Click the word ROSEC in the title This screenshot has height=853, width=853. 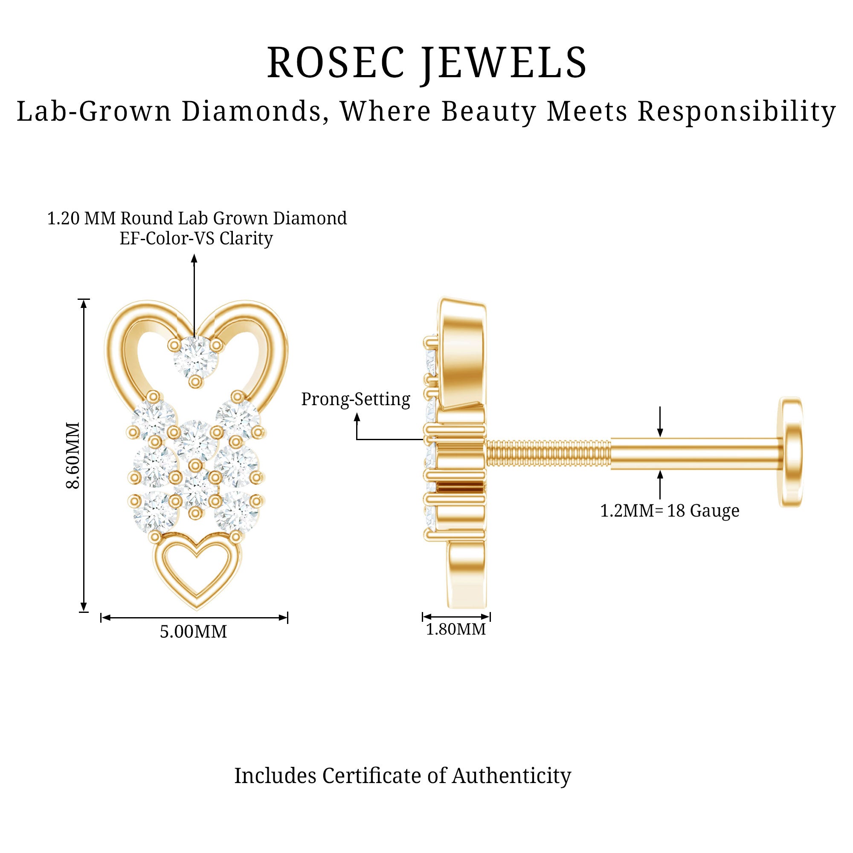pos(336,63)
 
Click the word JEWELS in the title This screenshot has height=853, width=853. pos(504,63)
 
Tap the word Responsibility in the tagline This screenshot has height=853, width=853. pos(737,111)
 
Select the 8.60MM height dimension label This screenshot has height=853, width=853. pos(73,455)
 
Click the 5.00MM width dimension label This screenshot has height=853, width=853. pos(193,632)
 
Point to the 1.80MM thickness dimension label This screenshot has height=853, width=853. pos(456,630)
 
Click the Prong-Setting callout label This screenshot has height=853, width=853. pos(355,399)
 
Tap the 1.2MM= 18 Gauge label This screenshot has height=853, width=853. pos(669,511)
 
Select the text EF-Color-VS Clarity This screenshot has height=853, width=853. pos(196,239)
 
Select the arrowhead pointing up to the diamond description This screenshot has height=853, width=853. pos(194,258)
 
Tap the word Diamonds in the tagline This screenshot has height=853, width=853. pos(252,111)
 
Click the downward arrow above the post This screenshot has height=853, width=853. pos(660,432)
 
